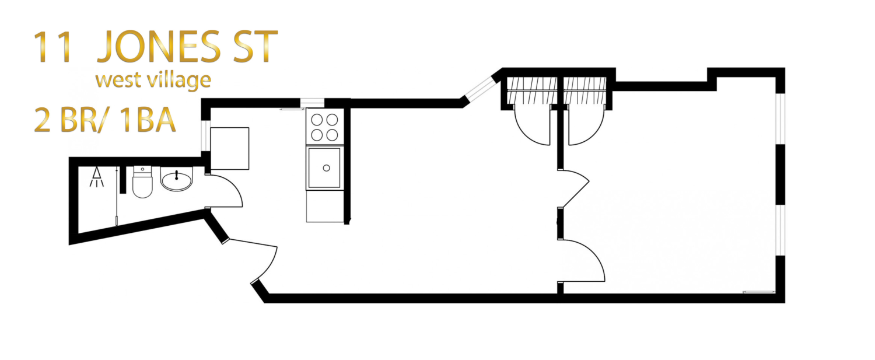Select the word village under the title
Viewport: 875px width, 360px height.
(176, 79)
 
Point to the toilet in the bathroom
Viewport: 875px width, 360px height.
(142, 183)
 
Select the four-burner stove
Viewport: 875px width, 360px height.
(324, 127)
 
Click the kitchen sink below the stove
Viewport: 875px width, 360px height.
(324, 168)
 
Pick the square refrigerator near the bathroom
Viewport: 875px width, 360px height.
(229, 148)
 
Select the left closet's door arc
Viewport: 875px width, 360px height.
(531, 127)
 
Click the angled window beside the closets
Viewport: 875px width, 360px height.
(478, 90)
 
